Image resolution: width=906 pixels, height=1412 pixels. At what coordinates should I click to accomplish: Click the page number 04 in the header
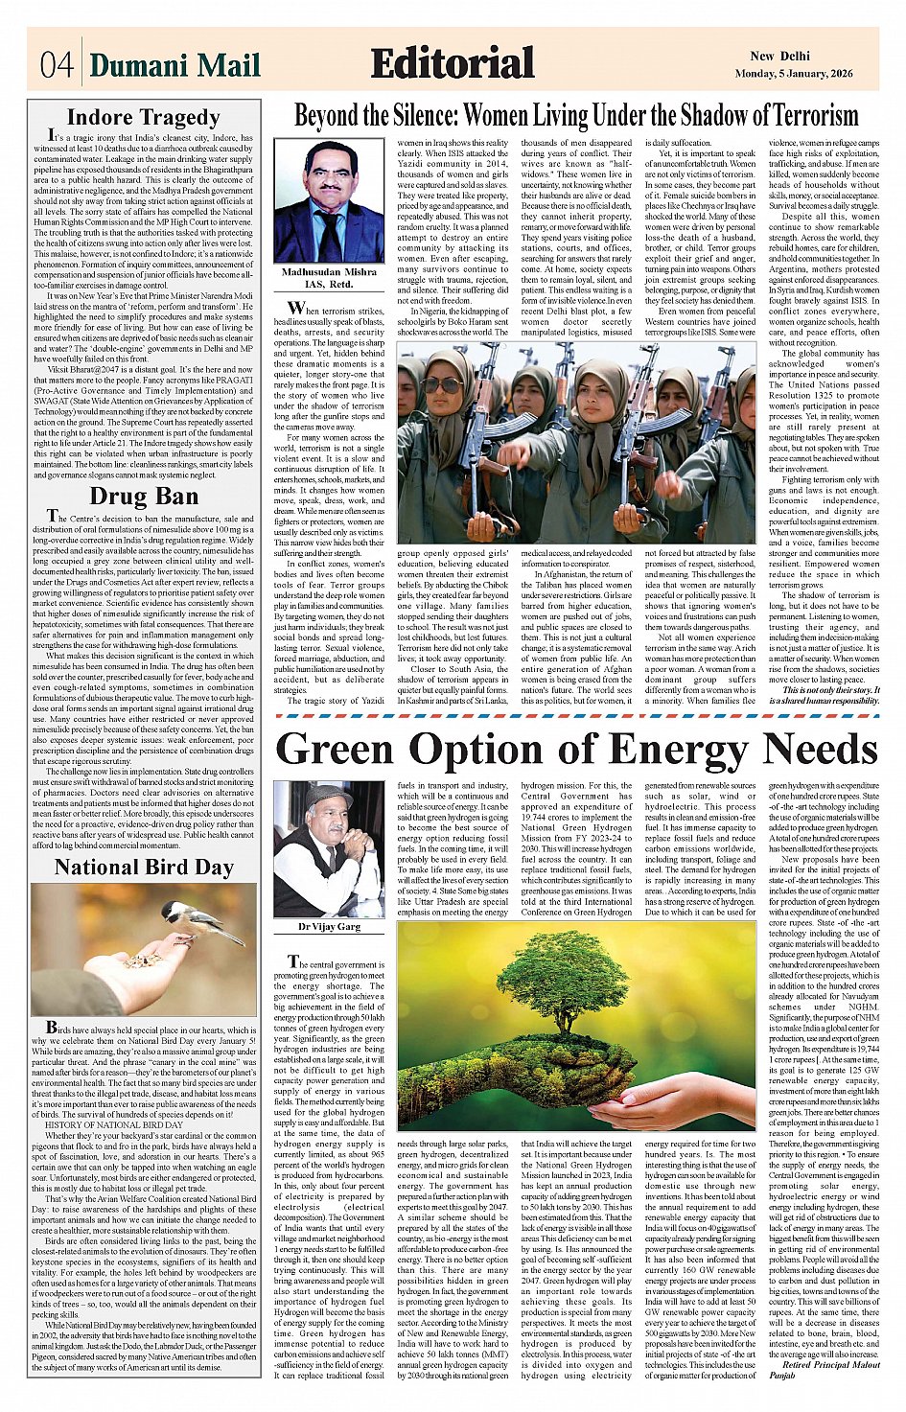57,64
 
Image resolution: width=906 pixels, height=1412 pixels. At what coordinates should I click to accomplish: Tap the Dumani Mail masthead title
174,65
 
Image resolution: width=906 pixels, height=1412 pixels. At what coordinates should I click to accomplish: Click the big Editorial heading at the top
453,63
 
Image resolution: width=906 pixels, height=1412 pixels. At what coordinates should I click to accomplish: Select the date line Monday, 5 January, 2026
806,74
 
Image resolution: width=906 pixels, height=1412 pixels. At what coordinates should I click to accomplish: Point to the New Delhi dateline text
779,56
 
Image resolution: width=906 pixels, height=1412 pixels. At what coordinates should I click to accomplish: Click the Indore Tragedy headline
144,118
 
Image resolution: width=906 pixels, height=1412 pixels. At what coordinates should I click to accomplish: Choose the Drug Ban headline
144,497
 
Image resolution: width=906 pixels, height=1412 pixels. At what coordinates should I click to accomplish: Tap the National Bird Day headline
144,868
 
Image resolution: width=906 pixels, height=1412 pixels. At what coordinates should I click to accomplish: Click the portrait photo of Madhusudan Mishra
329,201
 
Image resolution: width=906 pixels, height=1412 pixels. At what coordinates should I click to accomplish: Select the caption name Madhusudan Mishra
329,272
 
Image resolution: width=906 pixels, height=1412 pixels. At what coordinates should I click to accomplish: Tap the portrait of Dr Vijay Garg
329,849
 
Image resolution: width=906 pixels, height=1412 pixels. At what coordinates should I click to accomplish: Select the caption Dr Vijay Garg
329,927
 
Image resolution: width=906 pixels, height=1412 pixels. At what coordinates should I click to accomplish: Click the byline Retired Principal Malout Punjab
829,1370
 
